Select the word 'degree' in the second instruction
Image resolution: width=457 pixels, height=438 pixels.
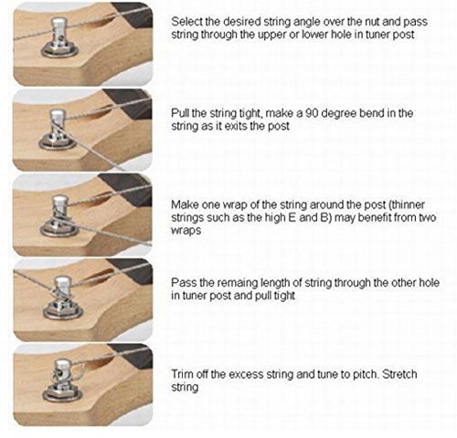point(339,114)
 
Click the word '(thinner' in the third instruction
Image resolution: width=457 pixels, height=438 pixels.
point(407,204)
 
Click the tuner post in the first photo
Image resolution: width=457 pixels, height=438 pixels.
point(59,34)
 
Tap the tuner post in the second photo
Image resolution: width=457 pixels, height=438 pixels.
point(58,125)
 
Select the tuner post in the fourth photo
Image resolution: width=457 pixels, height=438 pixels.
point(62,291)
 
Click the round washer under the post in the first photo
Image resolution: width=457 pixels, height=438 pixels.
point(59,52)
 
